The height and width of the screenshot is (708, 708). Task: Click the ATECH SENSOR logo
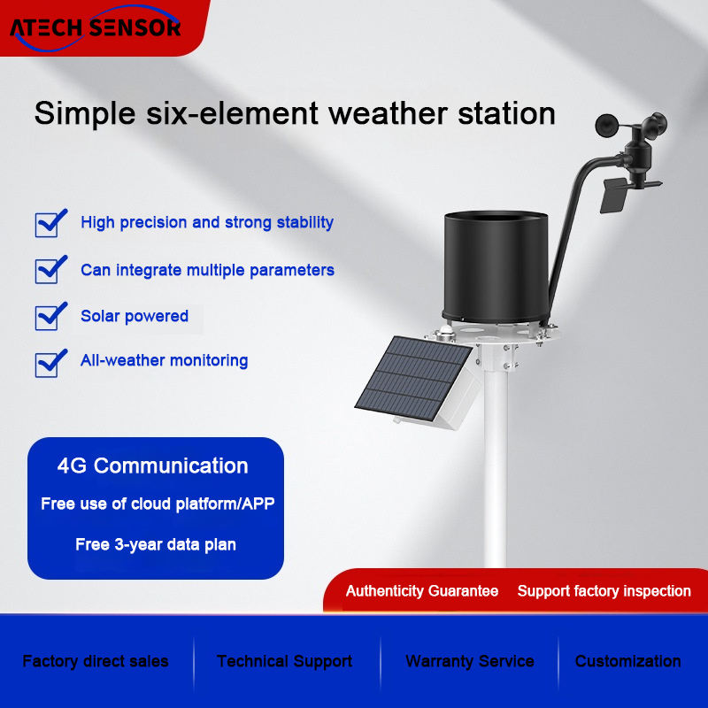point(96,27)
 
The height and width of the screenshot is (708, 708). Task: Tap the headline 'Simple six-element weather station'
point(295,113)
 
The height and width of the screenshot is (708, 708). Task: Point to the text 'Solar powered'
point(135,316)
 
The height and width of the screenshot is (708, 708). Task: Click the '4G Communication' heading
point(152,466)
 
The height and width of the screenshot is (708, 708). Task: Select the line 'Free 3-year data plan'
point(156,544)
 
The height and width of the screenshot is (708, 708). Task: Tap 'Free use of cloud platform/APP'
point(158,504)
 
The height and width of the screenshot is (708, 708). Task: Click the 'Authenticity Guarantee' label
point(422,591)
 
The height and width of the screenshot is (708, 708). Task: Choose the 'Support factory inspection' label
point(604,591)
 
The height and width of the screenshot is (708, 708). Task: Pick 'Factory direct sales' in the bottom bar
point(96,661)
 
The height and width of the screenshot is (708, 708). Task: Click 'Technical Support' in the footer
point(284,661)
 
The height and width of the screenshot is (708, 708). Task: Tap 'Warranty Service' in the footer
point(470,661)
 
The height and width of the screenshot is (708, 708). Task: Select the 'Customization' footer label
point(628,661)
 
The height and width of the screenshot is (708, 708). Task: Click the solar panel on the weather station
point(414,379)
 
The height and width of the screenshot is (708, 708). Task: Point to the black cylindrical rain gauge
point(496,266)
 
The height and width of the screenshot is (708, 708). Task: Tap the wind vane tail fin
point(613,195)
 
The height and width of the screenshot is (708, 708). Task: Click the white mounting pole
point(496,466)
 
